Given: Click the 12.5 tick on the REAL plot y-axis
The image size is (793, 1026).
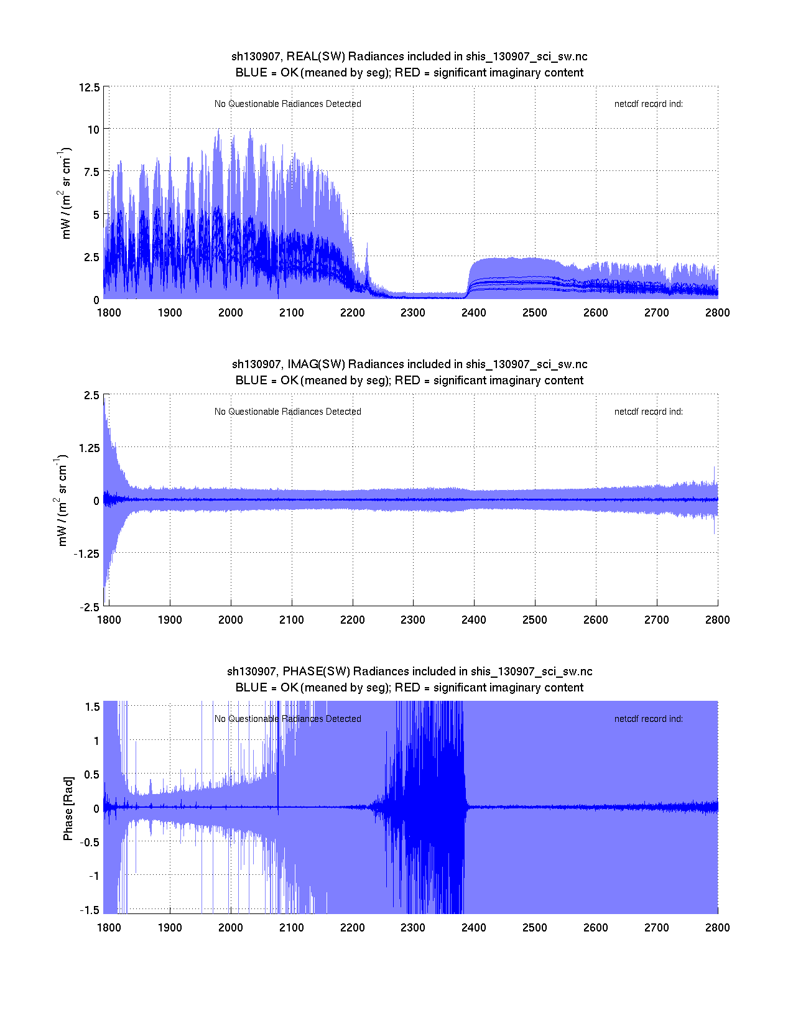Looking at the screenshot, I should point(89,87).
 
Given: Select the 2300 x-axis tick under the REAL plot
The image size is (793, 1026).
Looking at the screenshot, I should point(413,313).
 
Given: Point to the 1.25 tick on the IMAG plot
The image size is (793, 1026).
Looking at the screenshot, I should point(88,448).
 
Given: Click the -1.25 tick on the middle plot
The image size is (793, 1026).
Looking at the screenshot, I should point(86,554).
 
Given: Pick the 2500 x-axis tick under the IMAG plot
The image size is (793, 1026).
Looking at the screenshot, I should point(535,620).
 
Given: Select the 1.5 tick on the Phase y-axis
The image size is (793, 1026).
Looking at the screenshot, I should point(92,707).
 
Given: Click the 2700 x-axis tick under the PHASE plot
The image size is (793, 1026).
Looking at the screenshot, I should point(657,928).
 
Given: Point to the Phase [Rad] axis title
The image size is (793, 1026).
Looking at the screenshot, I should point(68,808).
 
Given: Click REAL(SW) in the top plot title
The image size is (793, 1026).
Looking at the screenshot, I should point(315,57).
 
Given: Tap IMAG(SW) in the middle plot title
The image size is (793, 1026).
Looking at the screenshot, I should point(316,364).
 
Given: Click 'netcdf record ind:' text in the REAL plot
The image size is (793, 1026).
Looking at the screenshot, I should point(648,104).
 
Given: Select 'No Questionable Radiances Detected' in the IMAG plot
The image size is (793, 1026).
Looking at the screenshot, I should point(287,412).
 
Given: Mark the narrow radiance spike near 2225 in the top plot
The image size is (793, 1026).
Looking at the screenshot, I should point(367,261).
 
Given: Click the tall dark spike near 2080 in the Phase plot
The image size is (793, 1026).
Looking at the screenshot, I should point(278,759).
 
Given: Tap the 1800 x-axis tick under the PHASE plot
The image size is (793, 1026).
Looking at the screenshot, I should point(109,928).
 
